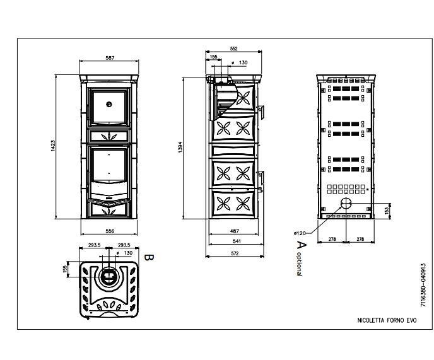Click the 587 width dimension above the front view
110,58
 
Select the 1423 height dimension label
53,146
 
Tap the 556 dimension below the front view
110,231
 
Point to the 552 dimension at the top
234,49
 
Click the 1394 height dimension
180,147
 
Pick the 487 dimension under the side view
235,231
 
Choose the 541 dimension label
237,241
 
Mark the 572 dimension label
235,253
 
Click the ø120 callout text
300,233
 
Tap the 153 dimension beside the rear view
387,211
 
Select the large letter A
302,245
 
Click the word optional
299,264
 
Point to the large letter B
149,257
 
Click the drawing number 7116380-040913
423,285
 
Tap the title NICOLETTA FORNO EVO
387,320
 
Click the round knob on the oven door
109,104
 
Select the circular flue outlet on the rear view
346,204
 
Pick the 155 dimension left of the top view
65,269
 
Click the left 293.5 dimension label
95,245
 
